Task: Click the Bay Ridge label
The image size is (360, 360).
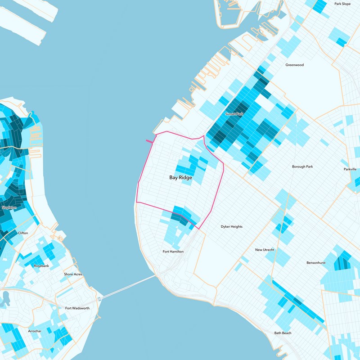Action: (180, 178)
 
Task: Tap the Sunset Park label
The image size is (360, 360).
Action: (234, 114)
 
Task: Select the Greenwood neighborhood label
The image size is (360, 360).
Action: (294, 65)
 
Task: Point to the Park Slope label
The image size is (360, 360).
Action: (342, 4)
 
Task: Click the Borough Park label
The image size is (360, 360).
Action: (302, 166)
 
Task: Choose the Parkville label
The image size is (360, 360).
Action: (350, 169)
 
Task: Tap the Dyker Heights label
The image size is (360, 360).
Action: (231, 226)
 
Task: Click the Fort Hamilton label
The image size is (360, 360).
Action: (173, 252)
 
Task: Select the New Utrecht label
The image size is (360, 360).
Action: (265, 250)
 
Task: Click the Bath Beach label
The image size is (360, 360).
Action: (283, 333)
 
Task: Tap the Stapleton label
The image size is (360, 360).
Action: (9, 207)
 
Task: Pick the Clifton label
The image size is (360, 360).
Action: (22, 233)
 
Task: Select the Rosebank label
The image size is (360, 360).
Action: (41, 266)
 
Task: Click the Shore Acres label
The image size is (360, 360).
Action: (73, 274)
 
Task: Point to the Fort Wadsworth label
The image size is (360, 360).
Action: (77, 308)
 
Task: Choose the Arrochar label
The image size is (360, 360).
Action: (35, 331)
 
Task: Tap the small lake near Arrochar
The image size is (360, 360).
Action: (6, 298)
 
